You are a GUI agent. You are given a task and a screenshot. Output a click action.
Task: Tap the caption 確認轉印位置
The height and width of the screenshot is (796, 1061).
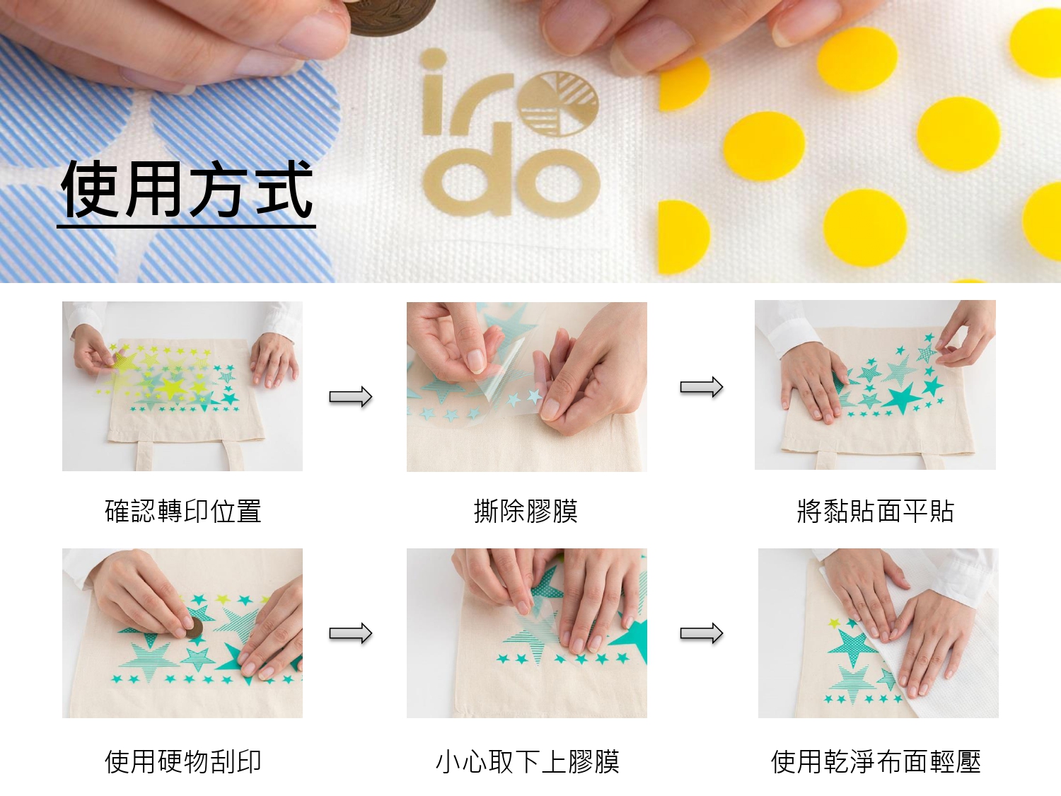[x=182, y=511]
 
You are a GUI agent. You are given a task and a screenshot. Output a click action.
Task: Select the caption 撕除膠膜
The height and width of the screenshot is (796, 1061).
[x=526, y=511]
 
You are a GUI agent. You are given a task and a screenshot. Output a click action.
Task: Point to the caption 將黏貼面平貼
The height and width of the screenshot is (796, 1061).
[x=875, y=511]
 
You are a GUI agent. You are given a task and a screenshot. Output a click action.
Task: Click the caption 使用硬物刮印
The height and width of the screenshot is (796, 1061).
[x=182, y=762]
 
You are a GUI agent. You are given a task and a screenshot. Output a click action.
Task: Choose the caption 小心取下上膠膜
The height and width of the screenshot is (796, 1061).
[x=527, y=762]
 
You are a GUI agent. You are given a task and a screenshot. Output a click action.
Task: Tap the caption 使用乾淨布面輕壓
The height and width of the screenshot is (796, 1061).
[x=876, y=762]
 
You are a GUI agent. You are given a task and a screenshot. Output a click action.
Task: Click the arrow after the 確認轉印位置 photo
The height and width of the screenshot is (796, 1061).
[x=350, y=397]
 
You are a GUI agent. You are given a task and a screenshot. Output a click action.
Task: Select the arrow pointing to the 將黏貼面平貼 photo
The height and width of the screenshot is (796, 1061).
[x=702, y=386]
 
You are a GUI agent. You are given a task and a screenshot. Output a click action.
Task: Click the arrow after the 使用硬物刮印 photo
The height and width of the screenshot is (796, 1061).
[x=350, y=633]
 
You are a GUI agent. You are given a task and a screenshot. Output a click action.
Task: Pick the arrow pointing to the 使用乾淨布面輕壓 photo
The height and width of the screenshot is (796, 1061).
[x=702, y=633]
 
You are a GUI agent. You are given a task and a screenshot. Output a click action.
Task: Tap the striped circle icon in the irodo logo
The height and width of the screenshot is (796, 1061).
[x=558, y=104]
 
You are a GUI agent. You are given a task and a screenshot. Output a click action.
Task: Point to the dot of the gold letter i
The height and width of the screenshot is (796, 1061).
[x=434, y=59]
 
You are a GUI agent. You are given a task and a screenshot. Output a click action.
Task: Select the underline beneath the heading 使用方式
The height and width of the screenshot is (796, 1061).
[x=186, y=226]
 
